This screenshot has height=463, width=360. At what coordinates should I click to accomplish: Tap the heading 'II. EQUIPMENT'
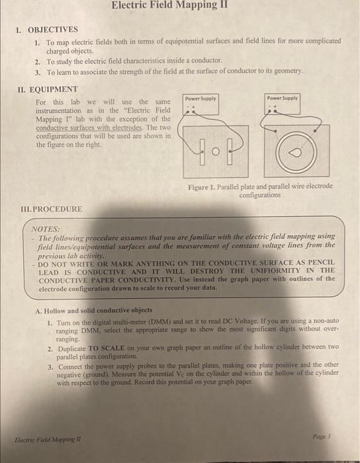coord(50,89)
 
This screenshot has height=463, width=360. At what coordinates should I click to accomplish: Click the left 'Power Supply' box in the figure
coord(199,99)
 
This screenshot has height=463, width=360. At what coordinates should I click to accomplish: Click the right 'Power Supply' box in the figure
coord(283,98)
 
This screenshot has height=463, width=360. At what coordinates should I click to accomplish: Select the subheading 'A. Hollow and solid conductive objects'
coord(95,310)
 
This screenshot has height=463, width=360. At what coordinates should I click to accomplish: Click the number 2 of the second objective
coord(38,61)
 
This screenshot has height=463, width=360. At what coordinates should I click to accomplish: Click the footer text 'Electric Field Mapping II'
coord(43,437)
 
